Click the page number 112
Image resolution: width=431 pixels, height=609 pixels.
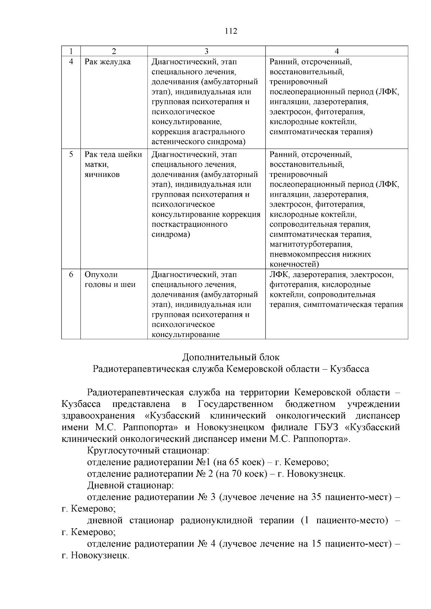(x=231, y=31)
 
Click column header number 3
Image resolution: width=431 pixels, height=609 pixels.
(x=206, y=51)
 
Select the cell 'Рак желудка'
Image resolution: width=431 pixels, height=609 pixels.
(x=107, y=62)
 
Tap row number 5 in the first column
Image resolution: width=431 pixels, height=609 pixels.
(x=71, y=154)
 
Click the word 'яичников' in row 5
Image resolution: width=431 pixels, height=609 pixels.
(x=102, y=175)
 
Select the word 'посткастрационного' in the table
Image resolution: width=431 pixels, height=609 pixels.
(x=189, y=225)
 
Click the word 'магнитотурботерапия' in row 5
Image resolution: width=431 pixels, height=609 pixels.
(x=310, y=245)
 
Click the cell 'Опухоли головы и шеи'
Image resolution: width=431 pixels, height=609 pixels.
(x=110, y=280)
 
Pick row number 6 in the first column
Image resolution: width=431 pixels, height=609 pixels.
(x=71, y=275)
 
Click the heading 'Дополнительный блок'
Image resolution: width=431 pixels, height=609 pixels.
(x=231, y=357)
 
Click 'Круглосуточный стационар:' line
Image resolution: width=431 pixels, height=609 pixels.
(x=148, y=450)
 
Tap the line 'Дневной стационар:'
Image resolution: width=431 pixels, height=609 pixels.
(x=130, y=486)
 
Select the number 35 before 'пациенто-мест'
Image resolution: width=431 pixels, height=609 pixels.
(x=316, y=497)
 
